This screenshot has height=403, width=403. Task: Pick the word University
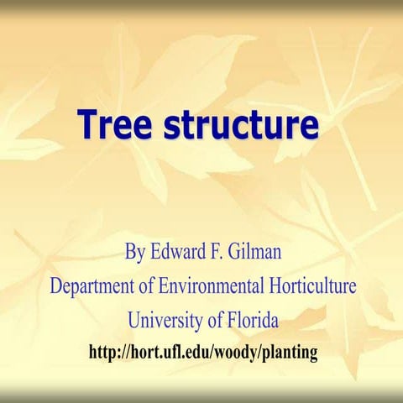(165, 320)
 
